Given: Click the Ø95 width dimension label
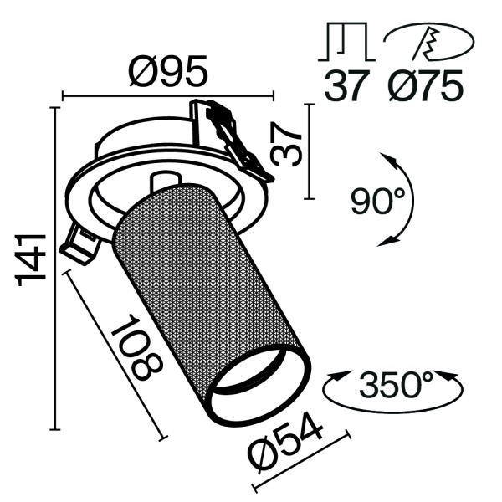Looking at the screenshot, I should point(167,74).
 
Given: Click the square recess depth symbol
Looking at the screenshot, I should point(345,43).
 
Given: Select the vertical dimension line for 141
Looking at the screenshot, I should point(56,268).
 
